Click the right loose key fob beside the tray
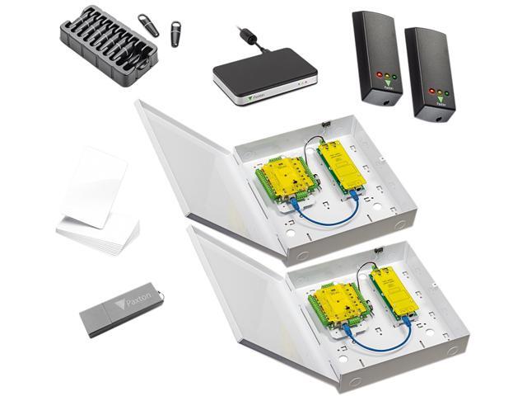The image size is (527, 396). click(x=176, y=34)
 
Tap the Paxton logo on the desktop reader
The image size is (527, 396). click(x=253, y=94)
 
